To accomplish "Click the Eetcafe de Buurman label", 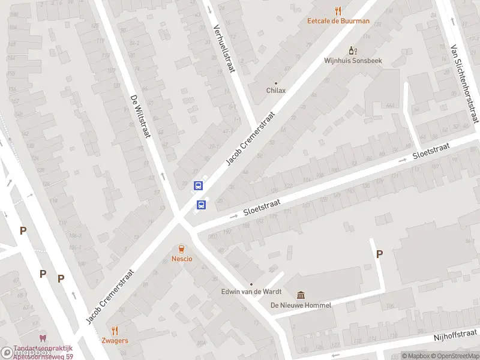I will coord(338,20).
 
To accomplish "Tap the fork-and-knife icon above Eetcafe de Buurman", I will coord(338,10).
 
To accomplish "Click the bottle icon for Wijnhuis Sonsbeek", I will coord(353,51).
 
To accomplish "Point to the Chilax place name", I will coord(276,91).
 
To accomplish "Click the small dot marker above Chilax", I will coord(276,83).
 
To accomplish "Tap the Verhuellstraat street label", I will coord(224,49).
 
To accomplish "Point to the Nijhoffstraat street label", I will coord(455,335).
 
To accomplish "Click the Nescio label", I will coord(181,259).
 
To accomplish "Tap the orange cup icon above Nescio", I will coord(181,248).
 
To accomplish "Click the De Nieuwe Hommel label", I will coord(301,305).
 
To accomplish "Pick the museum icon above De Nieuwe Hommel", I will coord(301,295).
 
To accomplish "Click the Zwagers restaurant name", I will coord(115,340).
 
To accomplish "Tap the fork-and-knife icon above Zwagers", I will coord(115,330).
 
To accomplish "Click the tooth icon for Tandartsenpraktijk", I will coord(43,339).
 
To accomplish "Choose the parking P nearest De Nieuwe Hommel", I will coord(379,254).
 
